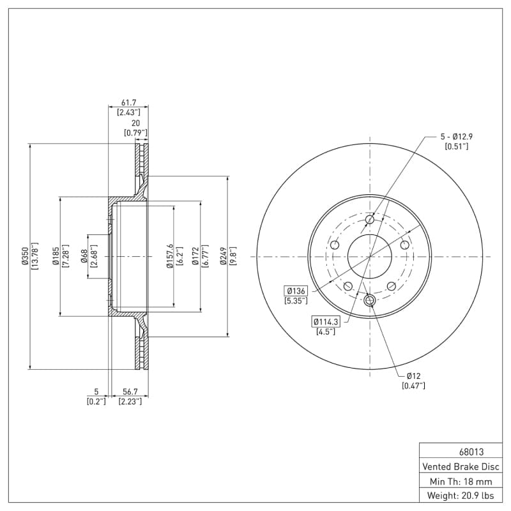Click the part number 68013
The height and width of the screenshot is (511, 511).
click(x=462, y=451)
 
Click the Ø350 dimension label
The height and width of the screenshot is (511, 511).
click(x=24, y=256)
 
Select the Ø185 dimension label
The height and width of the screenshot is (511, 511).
click(x=55, y=256)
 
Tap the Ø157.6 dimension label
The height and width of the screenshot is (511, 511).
click(x=170, y=256)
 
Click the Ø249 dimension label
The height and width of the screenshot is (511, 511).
click(x=223, y=256)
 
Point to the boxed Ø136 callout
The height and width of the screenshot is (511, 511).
click(x=296, y=291)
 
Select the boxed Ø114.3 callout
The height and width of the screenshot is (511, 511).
click(x=325, y=321)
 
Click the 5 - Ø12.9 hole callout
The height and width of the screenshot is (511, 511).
click(x=456, y=137)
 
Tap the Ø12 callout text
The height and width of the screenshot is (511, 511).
click(x=413, y=376)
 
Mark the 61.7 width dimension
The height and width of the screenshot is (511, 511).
click(x=128, y=102)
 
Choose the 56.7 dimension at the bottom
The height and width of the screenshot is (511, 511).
click(x=130, y=392)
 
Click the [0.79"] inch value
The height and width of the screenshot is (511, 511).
click(x=135, y=133)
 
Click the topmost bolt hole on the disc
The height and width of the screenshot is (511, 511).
click(x=370, y=220)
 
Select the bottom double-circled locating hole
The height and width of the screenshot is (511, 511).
click(x=369, y=301)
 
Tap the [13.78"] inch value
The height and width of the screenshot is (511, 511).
click(x=35, y=256)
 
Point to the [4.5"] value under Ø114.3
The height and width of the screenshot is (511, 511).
click(x=325, y=331)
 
